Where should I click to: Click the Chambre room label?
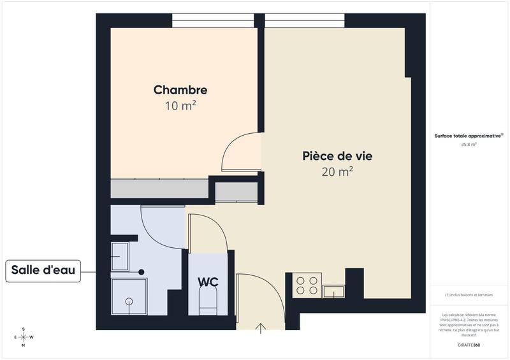pyautogui.click(x=180, y=90)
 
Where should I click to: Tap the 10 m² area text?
pyautogui.click(x=180, y=106)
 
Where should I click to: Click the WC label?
pyautogui.click(x=208, y=281)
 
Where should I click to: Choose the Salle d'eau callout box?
pyautogui.click(x=43, y=271)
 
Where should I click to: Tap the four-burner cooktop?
pyautogui.click(x=307, y=285)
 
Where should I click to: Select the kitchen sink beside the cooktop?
pyautogui.click(x=333, y=292)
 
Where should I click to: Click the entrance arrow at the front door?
pyautogui.click(x=261, y=328)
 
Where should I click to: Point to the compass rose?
pyautogui.click(x=24, y=337)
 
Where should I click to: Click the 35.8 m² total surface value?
pyautogui.click(x=469, y=145)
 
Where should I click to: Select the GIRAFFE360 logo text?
pyautogui.click(x=469, y=344)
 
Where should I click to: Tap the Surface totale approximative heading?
pyautogui.click(x=469, y=136)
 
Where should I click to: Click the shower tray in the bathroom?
pyautogui.click(x=129, y=298)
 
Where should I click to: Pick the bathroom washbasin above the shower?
pyautogui.click(x=120, y=256)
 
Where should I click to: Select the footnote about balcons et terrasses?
pyautogui.click(x=469, y=295)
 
